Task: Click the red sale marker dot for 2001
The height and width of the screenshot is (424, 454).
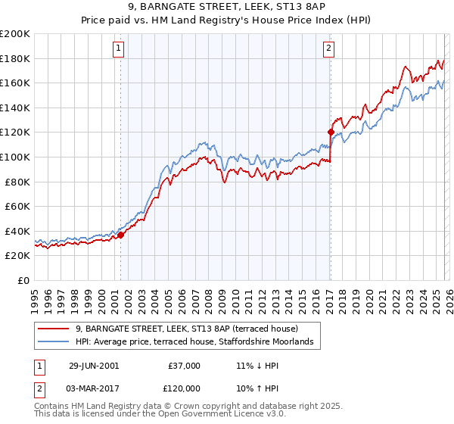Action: pyautogui.click(x=120, y=235)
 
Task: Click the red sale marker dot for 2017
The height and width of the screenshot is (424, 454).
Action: pyautogui.click(x=331, y=132)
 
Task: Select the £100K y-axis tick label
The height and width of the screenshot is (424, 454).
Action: pyautogui.click(x=15, y=157)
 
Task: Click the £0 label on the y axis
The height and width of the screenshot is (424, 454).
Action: pyautogui.click(x=24, y=280)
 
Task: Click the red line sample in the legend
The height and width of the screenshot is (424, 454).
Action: pyautogui.click(x=54, y=329)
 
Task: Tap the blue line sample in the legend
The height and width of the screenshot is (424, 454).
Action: pyautogui.click(x=54, y=342)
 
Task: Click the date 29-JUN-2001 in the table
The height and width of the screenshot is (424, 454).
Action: pyautogui.click(x=93, y=366)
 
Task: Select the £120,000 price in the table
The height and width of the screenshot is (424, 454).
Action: pyautogui.click(x=185, y=387)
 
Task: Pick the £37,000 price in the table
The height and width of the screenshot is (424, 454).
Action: pyautogui.click(x=185, y=366)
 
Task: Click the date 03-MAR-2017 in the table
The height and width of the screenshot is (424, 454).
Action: pyautogui.click(x=94, y=387)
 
